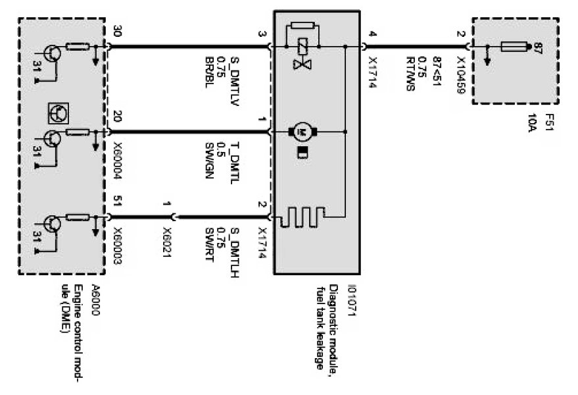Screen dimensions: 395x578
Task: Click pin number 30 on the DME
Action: pos(118,32)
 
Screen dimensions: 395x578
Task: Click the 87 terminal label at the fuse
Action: pos(537,47)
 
